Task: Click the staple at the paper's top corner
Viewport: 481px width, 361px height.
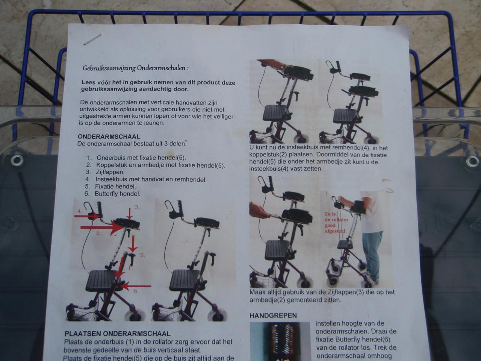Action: (92, 39)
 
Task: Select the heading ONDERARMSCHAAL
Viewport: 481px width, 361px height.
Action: (109, 137)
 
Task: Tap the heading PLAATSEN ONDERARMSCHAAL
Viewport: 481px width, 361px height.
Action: (117, 334)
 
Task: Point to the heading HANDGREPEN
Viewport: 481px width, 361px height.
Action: (273, 315)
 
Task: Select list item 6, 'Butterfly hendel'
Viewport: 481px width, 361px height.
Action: (117, 194)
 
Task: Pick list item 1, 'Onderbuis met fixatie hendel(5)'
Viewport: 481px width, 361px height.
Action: (141, 158)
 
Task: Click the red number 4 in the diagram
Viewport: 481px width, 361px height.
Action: (79, 211)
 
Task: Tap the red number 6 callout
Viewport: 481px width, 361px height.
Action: (136, 291)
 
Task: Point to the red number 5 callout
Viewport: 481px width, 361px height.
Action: (142, 255)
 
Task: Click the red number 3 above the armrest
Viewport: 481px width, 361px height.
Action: (137, 207)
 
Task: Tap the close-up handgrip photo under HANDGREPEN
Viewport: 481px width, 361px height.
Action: (280, 340)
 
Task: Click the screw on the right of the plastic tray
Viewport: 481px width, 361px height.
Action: (472, 161)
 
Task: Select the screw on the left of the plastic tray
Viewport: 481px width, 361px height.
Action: (17, 161)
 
